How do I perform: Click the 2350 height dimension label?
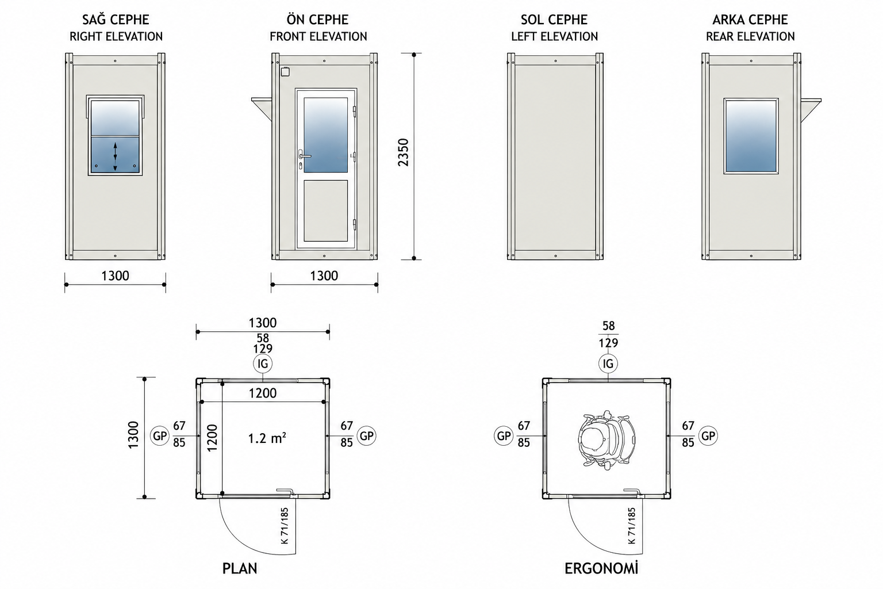click(403, 152)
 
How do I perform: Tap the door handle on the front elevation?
click(304, 156)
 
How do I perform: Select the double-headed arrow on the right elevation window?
click(115, 156)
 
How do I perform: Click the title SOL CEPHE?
click(554, 20)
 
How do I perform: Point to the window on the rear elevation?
click(751, 136)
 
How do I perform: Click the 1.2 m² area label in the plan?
click(267, 438)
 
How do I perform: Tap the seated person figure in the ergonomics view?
click(606, 440)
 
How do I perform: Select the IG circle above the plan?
click(263, 364)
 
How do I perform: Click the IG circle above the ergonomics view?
click(608, 364)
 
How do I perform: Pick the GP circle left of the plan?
click(160, 436)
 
